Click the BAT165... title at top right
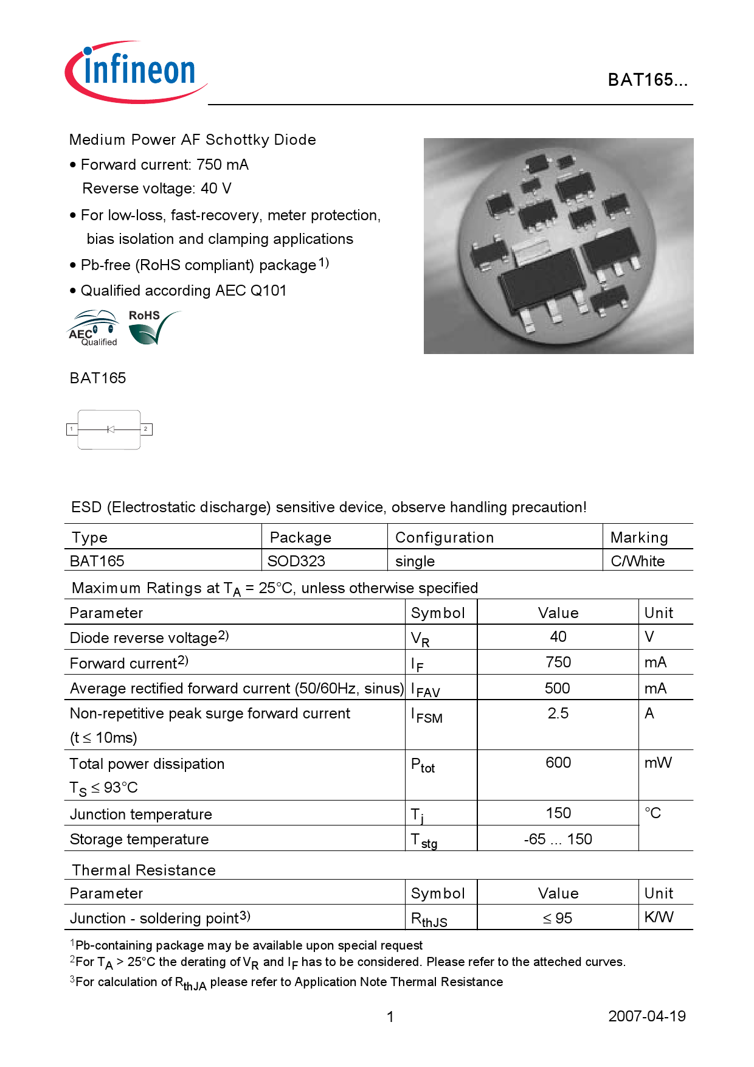click(x=647, y=80)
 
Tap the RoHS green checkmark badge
click(x=152, y=328)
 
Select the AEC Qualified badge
click(x=92, y=329)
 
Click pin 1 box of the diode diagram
click(x=72, y=429)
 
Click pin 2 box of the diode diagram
click(x=146, y=429)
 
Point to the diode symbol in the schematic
click(x=110, y=429)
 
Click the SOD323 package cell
click(x=297, y=561)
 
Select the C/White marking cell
click(x=637, y=561)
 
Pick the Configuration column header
click(x=444, y=538)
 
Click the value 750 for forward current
click(x=558, y=662)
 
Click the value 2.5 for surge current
click(x=558, y=714)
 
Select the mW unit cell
click(x=658, y=763)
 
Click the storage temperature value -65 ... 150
click(x=558, y=839)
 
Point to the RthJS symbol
click(x=429, y=919)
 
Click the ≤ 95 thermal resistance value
click(x=558, y=919)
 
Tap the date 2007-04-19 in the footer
click(x=646, y=1017)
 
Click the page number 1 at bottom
click(x=390, y=1017)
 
